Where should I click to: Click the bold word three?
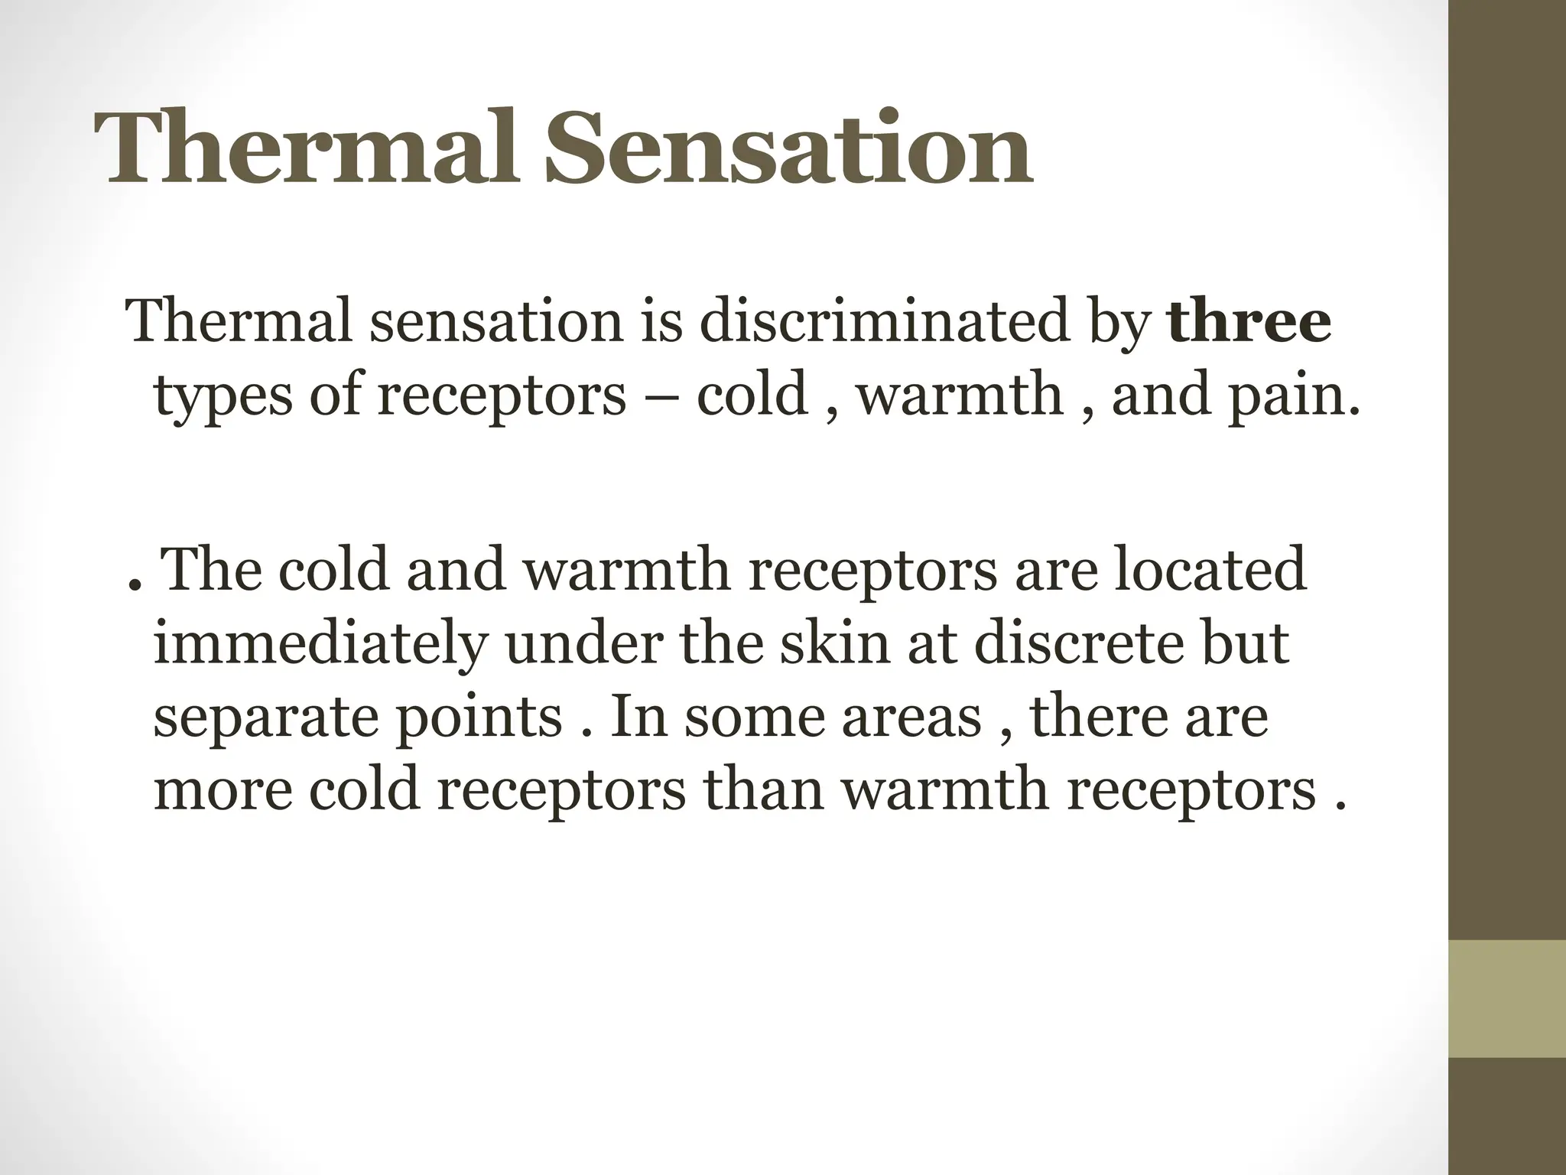[x=1249, y=321]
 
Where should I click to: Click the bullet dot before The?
[x=134, y=589]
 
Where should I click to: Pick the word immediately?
[x=320, y=644]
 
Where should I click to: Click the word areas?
[x=911, y=719]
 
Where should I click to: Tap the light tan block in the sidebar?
[x=1507, y=998]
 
